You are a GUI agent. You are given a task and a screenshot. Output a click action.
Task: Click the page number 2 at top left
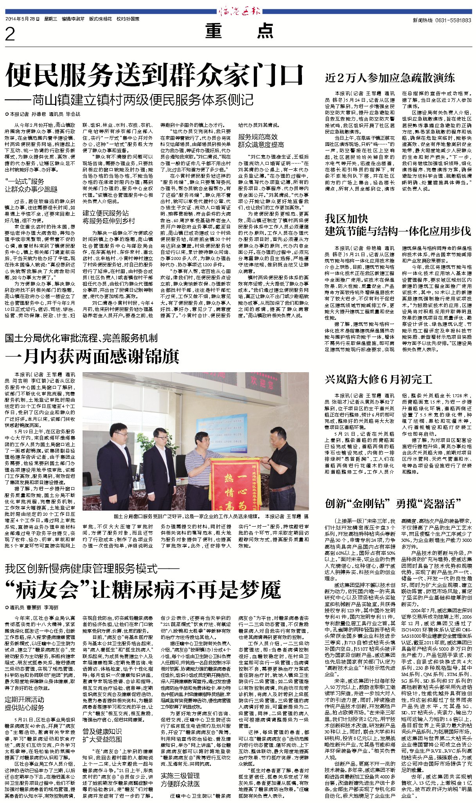(10, 34)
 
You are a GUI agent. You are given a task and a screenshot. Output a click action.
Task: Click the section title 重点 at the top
(239, 31)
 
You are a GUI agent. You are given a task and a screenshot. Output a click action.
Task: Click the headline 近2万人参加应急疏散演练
(390, 78)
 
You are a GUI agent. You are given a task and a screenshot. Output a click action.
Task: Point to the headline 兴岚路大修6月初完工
(378, 379)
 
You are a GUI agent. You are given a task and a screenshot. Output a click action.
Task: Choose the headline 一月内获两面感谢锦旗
(92, 356)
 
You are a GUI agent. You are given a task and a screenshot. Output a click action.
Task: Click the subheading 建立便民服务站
(106, 213)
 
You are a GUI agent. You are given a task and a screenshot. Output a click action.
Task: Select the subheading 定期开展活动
(25, 699)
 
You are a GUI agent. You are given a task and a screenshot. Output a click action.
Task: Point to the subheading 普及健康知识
(102, 731)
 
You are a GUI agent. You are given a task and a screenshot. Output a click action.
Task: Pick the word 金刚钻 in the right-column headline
(370, 504)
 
